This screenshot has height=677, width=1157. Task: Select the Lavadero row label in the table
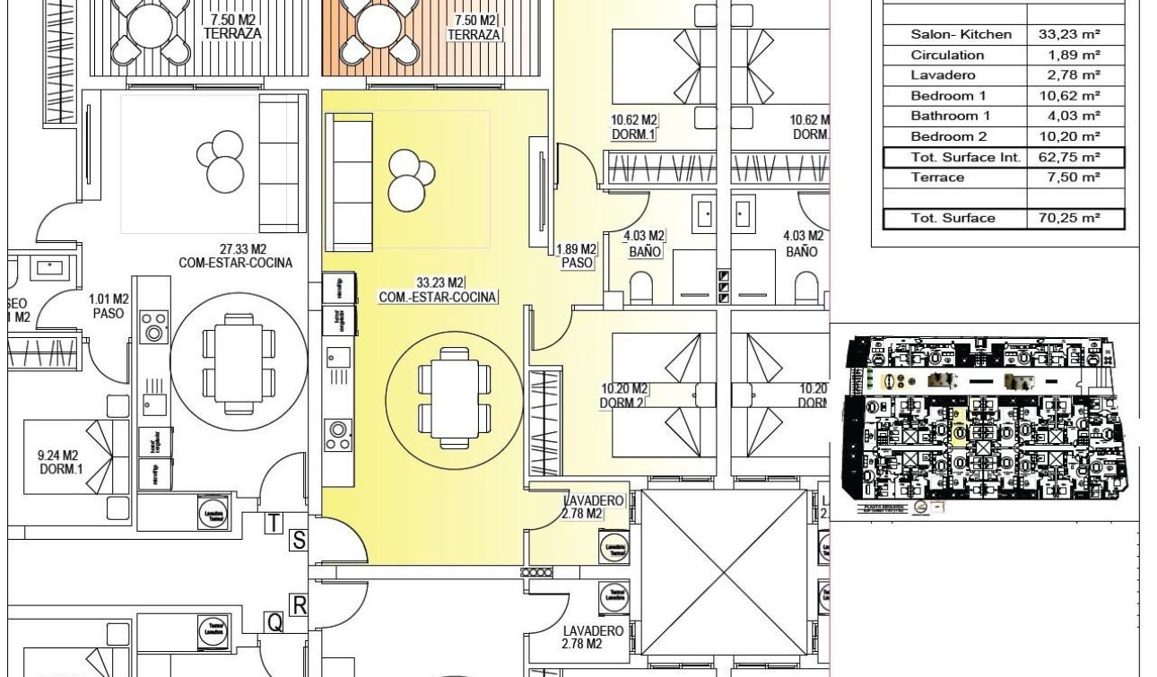943,75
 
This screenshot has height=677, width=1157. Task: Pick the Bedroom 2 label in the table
948,136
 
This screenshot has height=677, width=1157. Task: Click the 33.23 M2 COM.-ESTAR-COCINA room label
438,291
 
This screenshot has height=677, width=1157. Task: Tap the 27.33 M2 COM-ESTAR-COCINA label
235,256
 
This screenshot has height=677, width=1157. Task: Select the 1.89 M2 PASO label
577,256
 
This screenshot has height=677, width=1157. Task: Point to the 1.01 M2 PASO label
109,307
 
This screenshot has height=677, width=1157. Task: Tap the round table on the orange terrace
378,29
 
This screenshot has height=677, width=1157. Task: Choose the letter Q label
275,621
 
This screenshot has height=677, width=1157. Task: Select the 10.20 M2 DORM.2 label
623,395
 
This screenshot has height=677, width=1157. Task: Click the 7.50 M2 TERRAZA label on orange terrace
476,27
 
